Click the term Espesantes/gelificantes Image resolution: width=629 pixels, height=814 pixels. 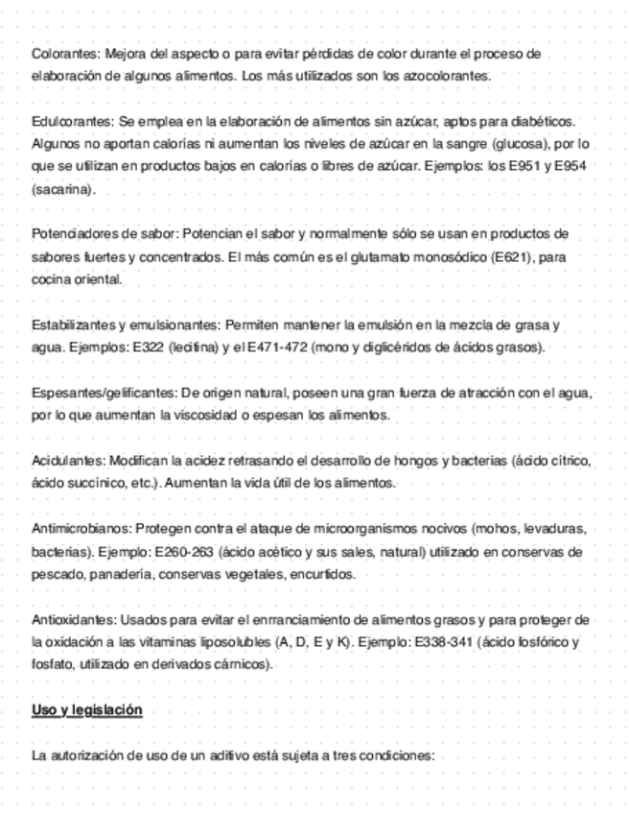point(103,394)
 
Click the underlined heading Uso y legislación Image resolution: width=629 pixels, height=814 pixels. point(86,710)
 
